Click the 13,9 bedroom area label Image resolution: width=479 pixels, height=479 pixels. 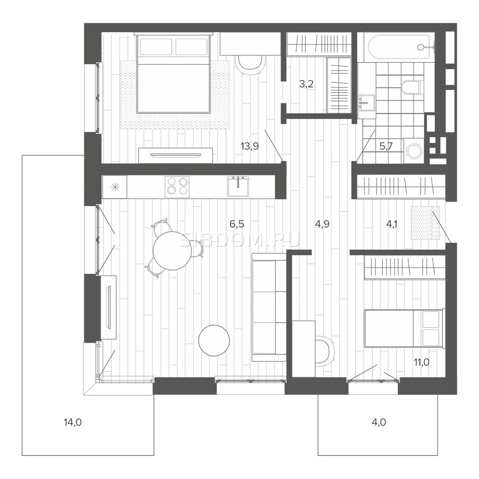(250, 146)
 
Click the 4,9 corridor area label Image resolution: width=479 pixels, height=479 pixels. (322, 224)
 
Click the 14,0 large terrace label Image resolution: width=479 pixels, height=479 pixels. (73, 422)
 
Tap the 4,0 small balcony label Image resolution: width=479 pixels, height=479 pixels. (378, 422)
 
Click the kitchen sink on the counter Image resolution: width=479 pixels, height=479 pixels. (238, 186)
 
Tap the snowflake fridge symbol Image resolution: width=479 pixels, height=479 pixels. (115, 186)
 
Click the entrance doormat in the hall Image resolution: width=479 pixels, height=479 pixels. (426, 223)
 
